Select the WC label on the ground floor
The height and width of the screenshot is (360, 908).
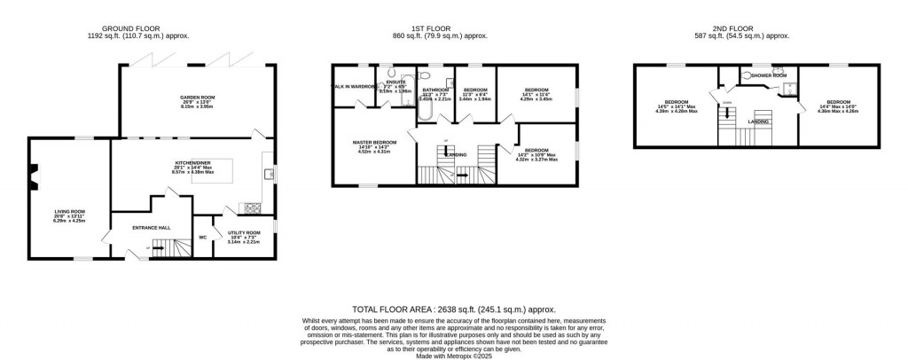point(203,237)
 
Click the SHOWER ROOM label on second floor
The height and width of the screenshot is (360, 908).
point(769,76)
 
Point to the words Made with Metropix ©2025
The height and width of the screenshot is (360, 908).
point(453,355)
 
